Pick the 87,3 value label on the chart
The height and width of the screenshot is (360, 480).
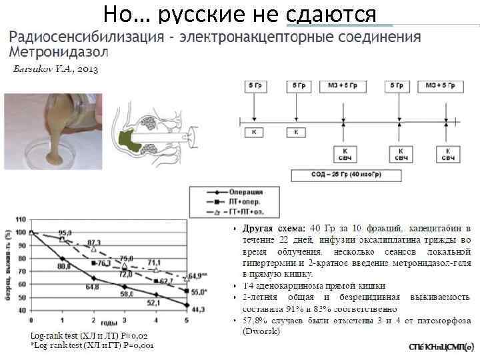94,242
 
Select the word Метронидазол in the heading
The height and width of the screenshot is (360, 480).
58,51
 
